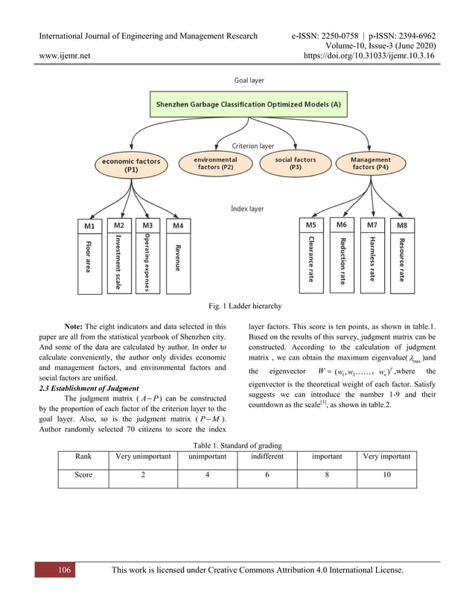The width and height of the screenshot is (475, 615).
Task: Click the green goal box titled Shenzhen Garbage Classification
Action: click(248, 105)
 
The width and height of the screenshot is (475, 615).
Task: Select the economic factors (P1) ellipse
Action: click(131, 165)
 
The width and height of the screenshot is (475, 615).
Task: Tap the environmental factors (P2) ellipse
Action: click(215, 164)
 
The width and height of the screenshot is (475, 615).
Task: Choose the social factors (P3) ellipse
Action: click(295, 164)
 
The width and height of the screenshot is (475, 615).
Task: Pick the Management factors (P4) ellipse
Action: click(370, 164)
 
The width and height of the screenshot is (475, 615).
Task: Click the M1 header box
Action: click(89, 225)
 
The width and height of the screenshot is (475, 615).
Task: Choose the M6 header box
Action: click(341, 224)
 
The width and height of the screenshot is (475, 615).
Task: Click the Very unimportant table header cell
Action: click(142, 456)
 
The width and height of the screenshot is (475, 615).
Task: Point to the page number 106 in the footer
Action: click(65, 570)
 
